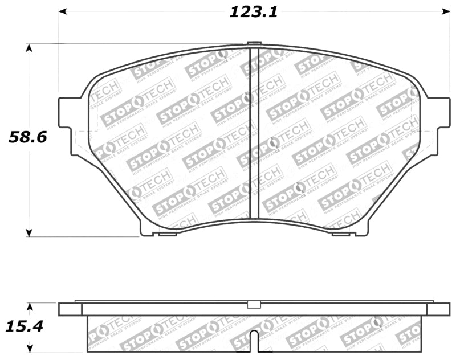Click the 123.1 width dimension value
[x=254, y=12]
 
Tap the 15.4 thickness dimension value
[x=25, y=327]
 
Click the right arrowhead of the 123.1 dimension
[x=446, y=11]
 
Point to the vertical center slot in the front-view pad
[x=255, y=134]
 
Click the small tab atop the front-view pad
[x=254, y=43]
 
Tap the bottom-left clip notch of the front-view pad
[x=168, y=234]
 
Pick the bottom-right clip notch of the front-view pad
[x=340, y=234]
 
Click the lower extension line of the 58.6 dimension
[x=85, y=236]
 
